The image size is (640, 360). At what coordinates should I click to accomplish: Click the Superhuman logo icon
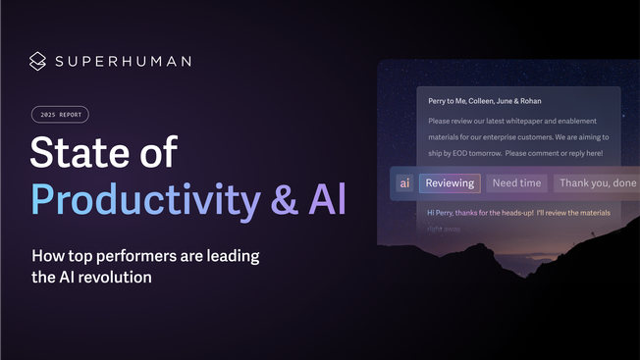[37, 61]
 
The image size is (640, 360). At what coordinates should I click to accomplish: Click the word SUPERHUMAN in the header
[123, 61]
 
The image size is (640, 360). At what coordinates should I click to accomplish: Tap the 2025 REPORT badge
[59, 115]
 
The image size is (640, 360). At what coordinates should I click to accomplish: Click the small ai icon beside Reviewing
[405, 182]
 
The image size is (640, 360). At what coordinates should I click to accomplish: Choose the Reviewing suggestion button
[450, 182]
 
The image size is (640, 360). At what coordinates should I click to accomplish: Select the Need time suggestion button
[516, 182]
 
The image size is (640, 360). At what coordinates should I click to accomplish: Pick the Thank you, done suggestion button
[596, 182]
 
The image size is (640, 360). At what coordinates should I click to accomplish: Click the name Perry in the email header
[442, 100]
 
